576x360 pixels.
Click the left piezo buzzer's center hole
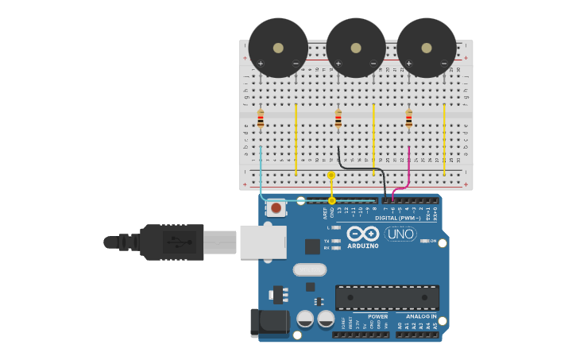(x=278, y=48)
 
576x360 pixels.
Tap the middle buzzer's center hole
(x=356, y=48)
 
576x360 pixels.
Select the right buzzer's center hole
(x=427, y=48)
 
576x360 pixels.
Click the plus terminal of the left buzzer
(x=261, y=63)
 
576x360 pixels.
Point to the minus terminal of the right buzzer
(x=444, y=63)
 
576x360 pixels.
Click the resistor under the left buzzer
(x=261, y=120)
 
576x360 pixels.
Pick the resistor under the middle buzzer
(x=338, y=120)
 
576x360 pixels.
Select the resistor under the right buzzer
(x=409, y=119)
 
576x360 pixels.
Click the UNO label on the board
(x=400, y=234)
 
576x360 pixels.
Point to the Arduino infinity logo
(x=362, y=233)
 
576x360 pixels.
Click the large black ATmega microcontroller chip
(x=387, y=297)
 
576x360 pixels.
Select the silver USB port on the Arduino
(x=263, y=242)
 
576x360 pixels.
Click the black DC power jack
(x=269, y=322)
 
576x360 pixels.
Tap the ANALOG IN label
(x=416, y=316)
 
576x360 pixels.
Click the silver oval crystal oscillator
(x=310, y=269)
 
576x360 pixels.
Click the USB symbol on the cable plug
(x=180, y=242)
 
